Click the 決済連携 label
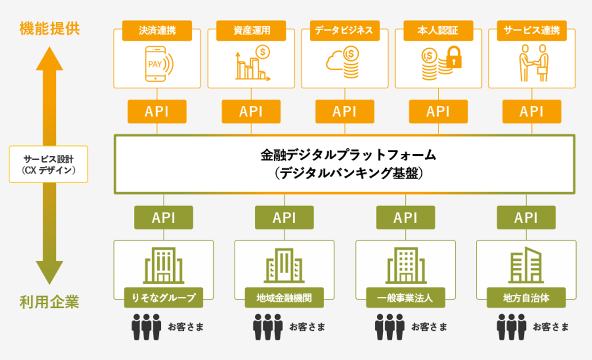(x=157, y=31)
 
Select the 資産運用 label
(x=252, y=31)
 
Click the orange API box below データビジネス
(x=344, y=111)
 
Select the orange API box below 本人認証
(x=438, y=111)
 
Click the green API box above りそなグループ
(x=163, y=217)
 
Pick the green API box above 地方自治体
(x=526, y=217)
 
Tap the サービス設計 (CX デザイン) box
(x=48, y=164)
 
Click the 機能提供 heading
(x=49, y=28)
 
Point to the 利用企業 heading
(x=49, y=302)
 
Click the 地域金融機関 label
(x=284, y=298)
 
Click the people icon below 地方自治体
(x=511, y=326)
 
